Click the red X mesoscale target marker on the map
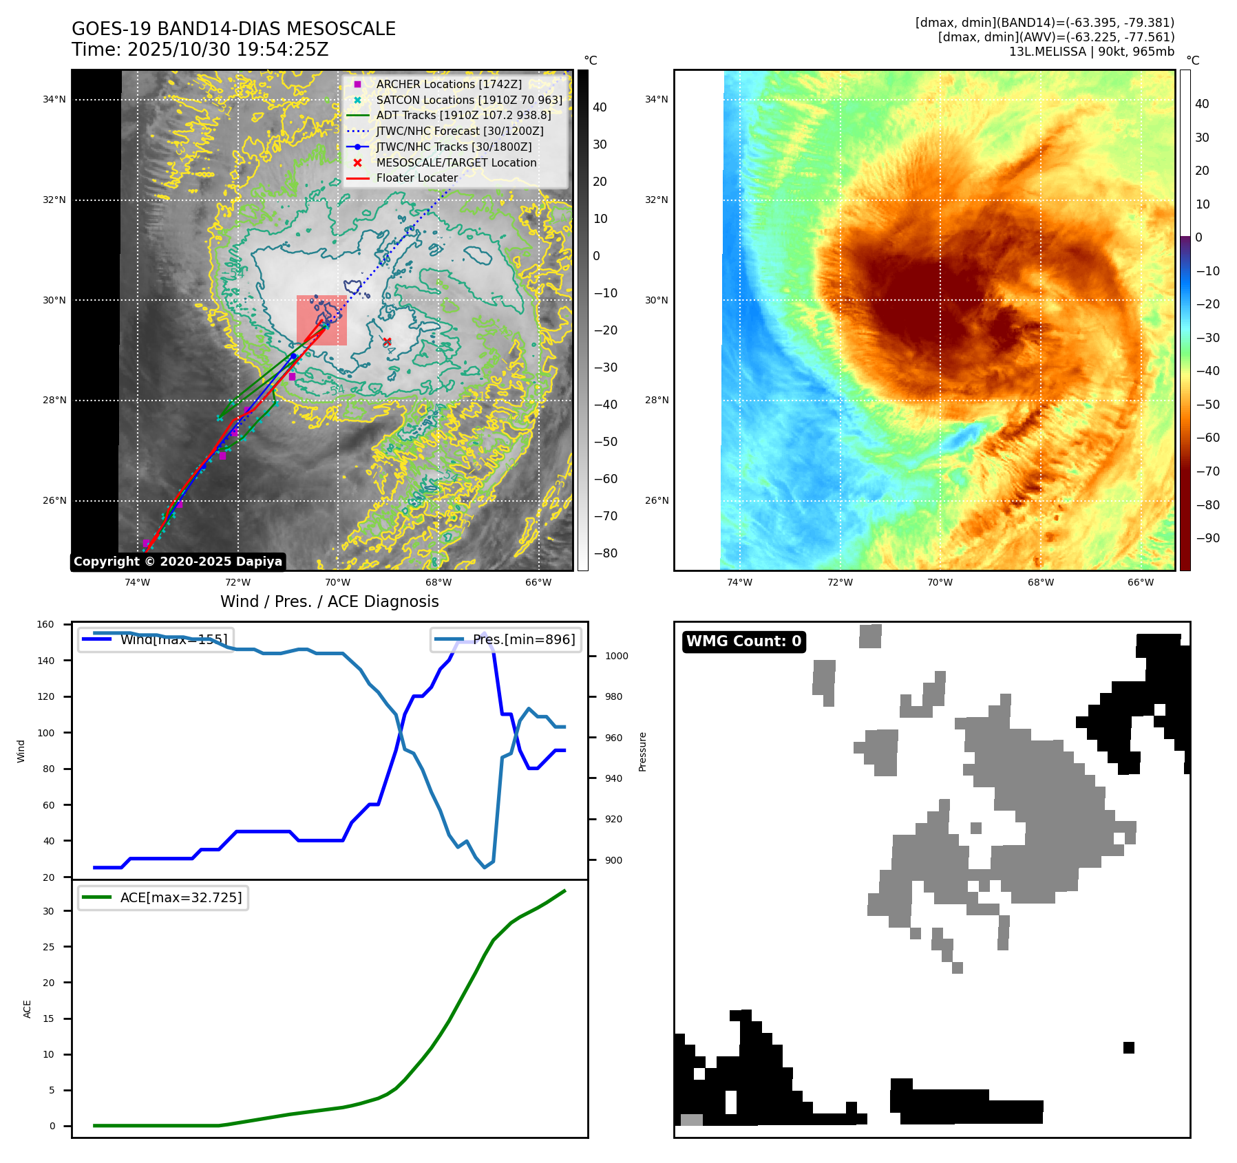coord(387,341)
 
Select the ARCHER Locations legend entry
coord(448,84)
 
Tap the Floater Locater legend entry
coord(416,178)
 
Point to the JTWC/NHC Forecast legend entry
coord(459,131)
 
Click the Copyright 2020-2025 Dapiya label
coord(178,562)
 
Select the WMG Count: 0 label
coord(743,641)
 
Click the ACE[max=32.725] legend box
coord(163,898)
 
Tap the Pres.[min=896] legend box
coord(506,639)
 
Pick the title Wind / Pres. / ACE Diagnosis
coord(329,601)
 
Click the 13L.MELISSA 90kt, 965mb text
coord(1091,52)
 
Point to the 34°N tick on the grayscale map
coord(54,100)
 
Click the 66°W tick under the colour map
coord(1140,582)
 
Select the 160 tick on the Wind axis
coord(45,625)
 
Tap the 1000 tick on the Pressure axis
coord(616,656)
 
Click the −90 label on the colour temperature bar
coord(1207,538)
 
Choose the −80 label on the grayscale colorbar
coord(606,553)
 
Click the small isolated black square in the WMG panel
coord(1128,1047)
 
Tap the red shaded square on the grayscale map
coord(321,320)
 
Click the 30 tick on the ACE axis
coord(48,911)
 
